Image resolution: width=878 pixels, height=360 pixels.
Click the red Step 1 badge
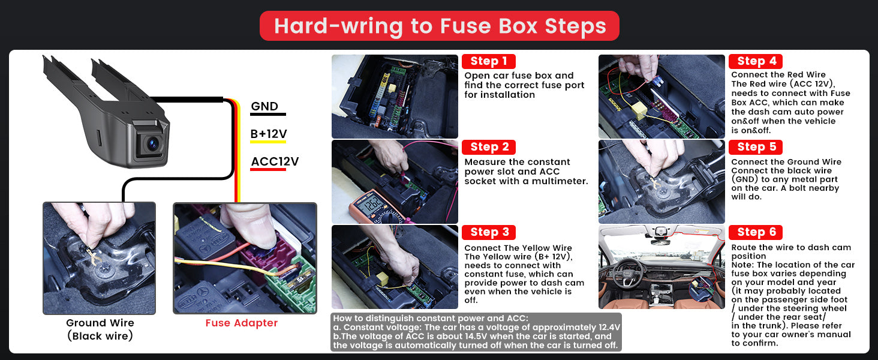[488, 61]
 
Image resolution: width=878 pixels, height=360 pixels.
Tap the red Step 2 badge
[488, 147]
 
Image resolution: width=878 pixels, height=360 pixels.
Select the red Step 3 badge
[488, 232]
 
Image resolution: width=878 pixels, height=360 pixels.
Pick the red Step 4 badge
[755, 61]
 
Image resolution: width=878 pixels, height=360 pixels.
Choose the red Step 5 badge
[755, 147]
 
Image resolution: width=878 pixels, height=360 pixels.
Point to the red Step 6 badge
[755, 232]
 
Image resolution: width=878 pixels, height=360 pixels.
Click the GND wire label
[265, 106]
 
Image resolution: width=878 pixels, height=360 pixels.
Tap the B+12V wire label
[269, 134]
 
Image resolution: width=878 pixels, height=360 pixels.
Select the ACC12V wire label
[275, 161]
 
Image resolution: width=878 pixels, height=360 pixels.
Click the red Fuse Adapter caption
[242, 323]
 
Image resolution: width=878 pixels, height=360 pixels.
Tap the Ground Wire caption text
[100, 329]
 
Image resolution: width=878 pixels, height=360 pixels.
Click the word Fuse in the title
[465, 26]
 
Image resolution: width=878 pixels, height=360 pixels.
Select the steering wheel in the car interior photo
[628, 274]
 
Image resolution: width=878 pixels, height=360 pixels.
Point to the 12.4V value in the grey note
[609, 328]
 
